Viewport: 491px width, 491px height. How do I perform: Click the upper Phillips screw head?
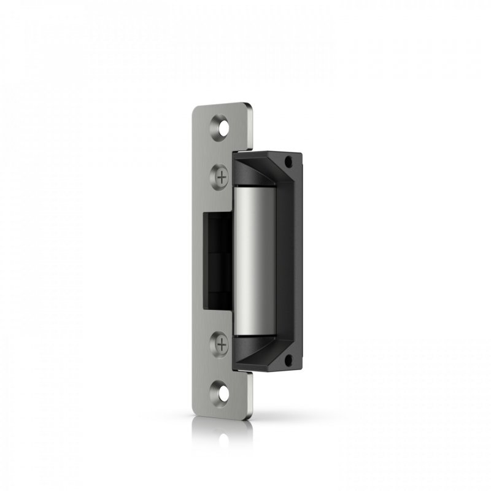click(222, 176)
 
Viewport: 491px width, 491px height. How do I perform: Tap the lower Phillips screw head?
click(222, 344)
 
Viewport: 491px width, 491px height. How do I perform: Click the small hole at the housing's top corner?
click(288, 163)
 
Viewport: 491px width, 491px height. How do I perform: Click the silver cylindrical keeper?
click(254, 261)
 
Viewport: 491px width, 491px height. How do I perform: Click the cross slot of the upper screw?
click(222, 176)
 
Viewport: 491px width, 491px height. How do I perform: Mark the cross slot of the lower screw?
click(222, 344)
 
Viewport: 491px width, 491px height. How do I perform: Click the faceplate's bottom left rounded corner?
click(197, 412)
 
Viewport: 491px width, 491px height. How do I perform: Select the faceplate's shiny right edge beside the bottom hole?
click(251, 396)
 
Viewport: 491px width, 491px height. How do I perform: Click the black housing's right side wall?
click(298, 261)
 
